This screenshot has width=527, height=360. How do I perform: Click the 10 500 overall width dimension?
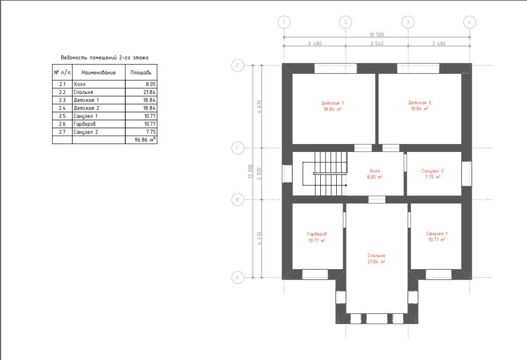377,35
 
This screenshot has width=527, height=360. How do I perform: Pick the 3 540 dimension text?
377,43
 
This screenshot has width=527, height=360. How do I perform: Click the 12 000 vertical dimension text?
250,171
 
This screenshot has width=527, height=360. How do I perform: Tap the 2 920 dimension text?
259,173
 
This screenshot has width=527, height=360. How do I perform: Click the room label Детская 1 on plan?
332,103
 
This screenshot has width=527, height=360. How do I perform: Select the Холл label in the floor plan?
375,171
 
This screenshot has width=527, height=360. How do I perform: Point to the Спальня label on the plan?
376,255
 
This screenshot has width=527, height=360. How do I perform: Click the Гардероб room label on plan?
317,234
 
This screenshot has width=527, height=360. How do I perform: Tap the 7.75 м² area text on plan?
433,177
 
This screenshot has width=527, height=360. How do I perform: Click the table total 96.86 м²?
145,139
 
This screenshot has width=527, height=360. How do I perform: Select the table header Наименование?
99,72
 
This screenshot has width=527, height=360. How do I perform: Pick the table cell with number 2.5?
62,116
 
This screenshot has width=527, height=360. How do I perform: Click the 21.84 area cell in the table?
150,92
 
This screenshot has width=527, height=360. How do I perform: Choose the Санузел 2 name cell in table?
86,132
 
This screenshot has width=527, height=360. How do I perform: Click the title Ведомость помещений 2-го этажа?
105,58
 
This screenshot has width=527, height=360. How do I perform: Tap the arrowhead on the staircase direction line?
346,185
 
